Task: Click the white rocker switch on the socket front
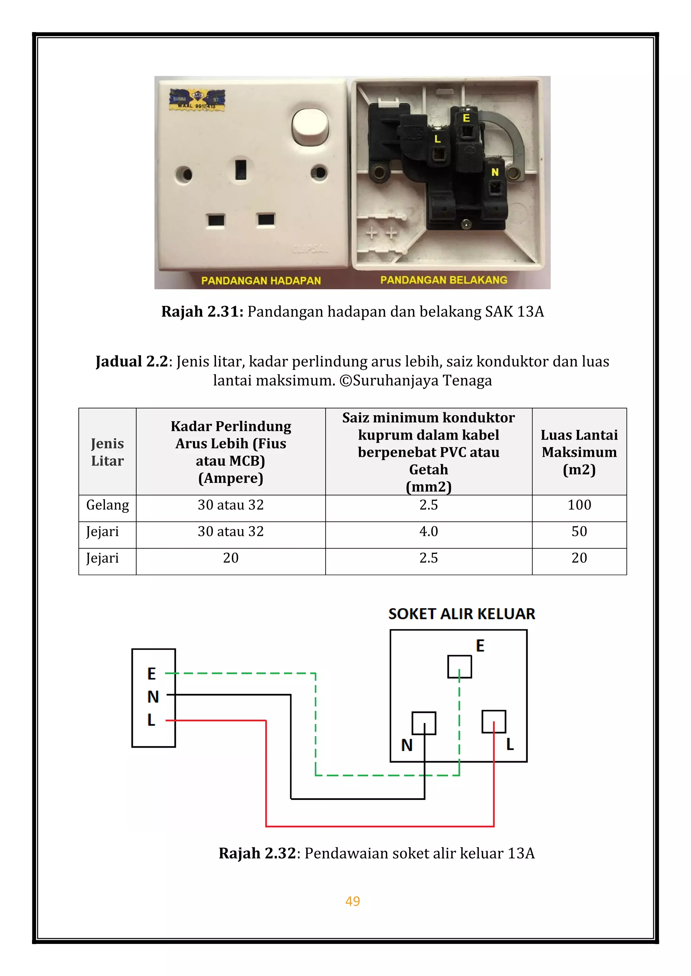point(310,127)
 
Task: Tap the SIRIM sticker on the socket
point(197,100)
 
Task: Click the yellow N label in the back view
point(495,172)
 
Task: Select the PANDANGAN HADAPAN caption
point(261,280)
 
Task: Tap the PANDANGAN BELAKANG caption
point(444,280)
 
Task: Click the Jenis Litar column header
point(107,452)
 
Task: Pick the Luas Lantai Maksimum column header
point(579,452)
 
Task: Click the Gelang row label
point(107,505)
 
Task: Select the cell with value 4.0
point(429,531)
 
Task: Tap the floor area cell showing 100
point(579,505)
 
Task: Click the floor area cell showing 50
point(579,531)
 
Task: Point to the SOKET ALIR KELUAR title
point(462,614)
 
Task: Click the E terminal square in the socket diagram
point(460,667)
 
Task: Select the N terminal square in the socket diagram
point(424,723)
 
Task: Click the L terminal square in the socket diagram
point(494,722)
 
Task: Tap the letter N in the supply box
point(153,697)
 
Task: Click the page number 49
point(353,901)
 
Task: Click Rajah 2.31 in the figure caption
point(202,311)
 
